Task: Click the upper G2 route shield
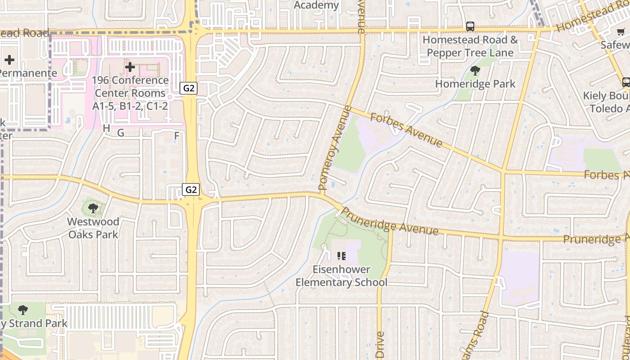[189, 88]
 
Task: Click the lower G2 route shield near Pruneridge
[191, 189]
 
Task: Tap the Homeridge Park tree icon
[475, 71]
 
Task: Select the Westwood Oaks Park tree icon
[93, 208]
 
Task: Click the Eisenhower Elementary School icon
[342, 256]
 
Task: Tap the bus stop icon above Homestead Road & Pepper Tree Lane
[470, 27]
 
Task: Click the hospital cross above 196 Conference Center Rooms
[130, 67]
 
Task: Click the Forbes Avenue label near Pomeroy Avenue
[406, 130]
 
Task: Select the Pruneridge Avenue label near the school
[390, 221]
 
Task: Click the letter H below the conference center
[106, 128]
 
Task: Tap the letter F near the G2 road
[177, 135]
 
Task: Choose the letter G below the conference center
[121, 133]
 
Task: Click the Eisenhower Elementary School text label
[341, 276]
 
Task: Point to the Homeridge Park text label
[475, 84]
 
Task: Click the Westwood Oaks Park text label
[93, 228]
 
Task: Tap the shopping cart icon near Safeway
[621, 31]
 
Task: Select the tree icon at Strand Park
[22, 310]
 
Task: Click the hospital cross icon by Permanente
[9, 60]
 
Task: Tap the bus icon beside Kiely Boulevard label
[626, 82]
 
